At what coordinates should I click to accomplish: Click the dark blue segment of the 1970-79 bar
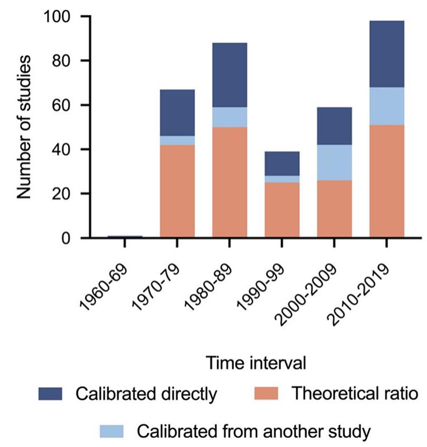click(x=177, y=113)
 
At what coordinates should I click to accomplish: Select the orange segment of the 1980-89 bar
click(x=229, y=182)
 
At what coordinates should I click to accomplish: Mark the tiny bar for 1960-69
click(x=125, y=236)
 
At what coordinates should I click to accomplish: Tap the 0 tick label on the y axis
click(x=67, y=238)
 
